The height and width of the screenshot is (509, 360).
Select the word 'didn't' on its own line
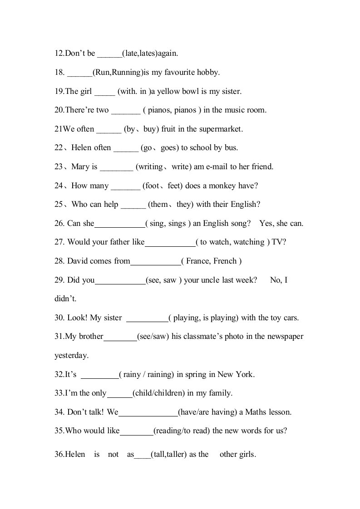pyautogui.click(x=65, y=299)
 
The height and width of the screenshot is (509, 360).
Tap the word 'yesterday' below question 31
pyautogui.click(x=71, y=356)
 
